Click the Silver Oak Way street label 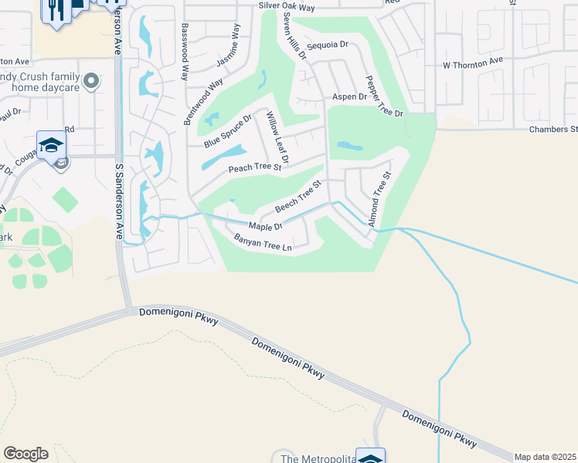pos(287,8)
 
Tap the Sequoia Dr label pos(328,46)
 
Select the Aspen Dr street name pos(348,96)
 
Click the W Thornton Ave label pos(472,59)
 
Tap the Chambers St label pos(552,129)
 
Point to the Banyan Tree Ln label pos(263,243)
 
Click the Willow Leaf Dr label pos(277,140)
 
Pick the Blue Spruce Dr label pos(228,131)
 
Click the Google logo pos(25,454)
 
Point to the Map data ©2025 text pos(546,457)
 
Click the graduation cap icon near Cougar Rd pos(51,144)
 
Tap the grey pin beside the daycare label pos(92,79)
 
